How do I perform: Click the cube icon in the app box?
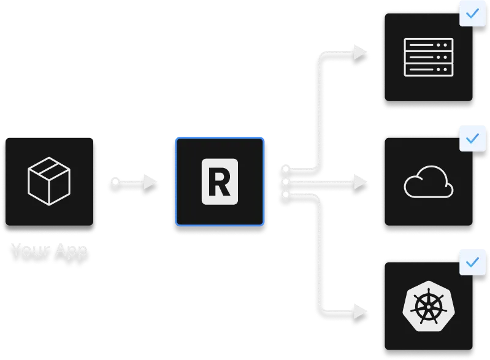49,181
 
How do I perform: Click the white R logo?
220,182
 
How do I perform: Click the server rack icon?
429,57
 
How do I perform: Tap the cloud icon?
429,183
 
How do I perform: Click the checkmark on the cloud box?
472,139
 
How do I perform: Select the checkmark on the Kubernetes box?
472,262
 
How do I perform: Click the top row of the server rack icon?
429,44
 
